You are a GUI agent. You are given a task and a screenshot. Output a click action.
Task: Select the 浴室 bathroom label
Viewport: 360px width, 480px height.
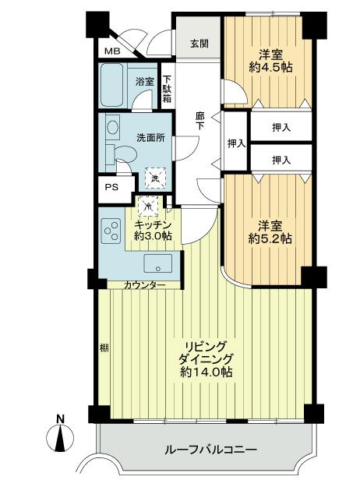(145, 80)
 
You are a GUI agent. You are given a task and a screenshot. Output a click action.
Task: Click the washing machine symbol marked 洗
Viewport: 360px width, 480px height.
(154, 178)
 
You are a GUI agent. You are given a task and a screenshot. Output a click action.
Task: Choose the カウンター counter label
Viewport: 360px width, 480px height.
(144, 285)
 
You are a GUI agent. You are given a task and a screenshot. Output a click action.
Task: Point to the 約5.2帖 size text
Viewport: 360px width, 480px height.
(270, 238)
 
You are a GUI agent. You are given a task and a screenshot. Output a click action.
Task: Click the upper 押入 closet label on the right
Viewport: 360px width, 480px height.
(281, 126)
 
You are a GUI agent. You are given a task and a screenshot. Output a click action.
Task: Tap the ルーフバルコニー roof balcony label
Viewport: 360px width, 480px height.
(211, 450)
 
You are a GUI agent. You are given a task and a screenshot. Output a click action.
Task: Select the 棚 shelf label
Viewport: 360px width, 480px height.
(104, 349)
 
